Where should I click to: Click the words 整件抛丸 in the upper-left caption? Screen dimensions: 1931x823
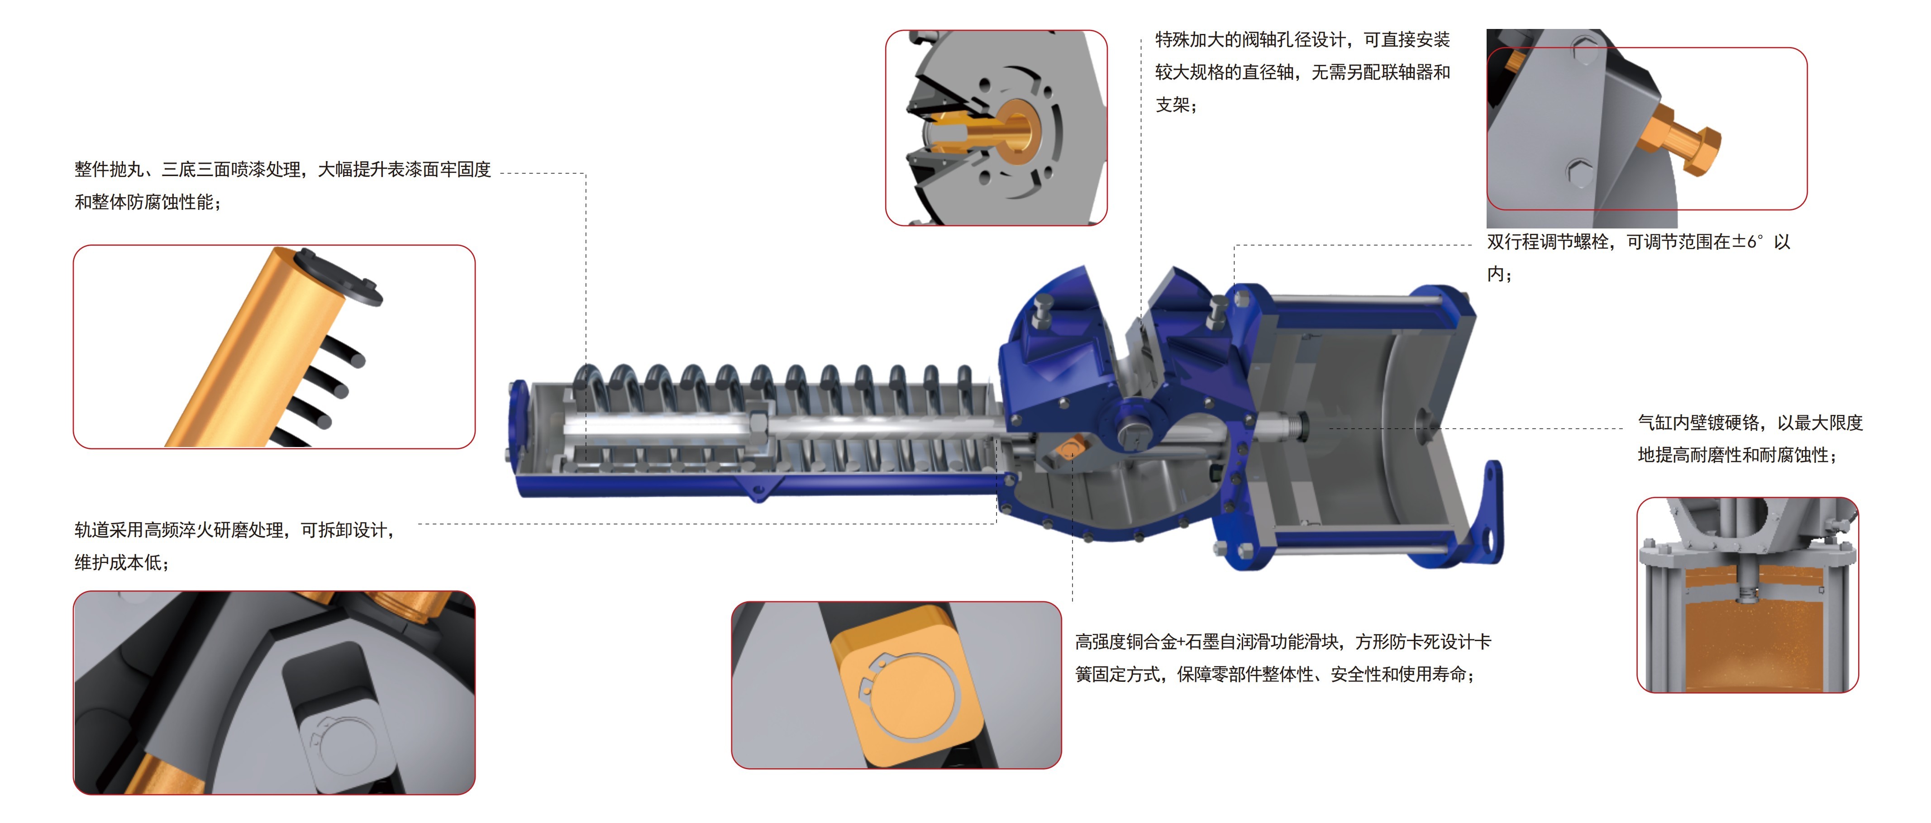109,169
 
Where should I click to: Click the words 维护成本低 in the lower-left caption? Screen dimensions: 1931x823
117,563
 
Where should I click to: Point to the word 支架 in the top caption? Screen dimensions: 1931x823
1173,105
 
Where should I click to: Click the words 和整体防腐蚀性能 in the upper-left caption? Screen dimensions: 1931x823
143,202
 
